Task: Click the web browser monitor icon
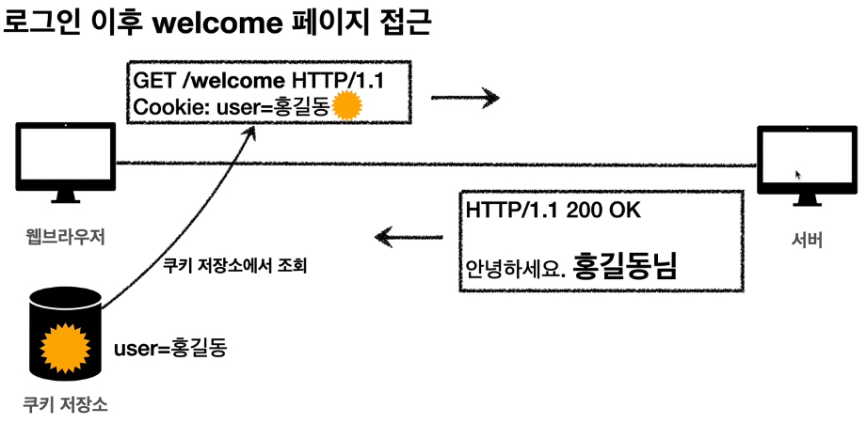[x=63, y=158]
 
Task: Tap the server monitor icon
[x=803, y=163]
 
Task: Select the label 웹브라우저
[x=64, y=235]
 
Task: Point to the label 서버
[x=807, y=240]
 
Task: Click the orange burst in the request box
[x=348, y=106]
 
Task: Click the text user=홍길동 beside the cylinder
[x=170, y=349]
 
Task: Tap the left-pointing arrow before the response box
[x=410, y=234]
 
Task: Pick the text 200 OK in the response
[x=603, y=211]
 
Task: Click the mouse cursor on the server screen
[x=799, y=175]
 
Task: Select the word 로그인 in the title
[x=39, y=23]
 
